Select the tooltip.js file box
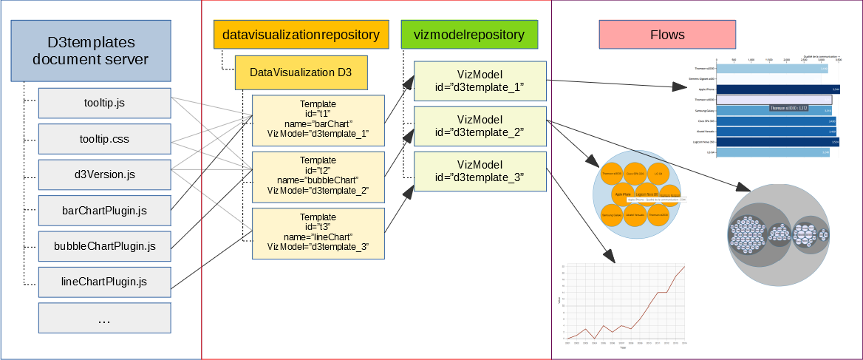click(x=104, y=103)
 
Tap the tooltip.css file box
click(x=104, y=139)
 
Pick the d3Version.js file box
click(x=104, y=175)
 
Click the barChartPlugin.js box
click(x=104, y=211)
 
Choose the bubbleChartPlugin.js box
click(x=104, y=245)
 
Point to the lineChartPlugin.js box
click(x=104, y=282)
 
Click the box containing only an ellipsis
click(x=104, y=319)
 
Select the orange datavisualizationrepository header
click(x=301, y=35)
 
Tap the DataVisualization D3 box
click(x=300, y=72)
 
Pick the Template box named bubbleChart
click(x=318, y=175)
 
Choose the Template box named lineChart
click(x=318, y=232)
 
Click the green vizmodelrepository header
click(x=469, y=35)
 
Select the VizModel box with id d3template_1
click(x=480, y=81)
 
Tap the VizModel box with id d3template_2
click(x=480, y=126)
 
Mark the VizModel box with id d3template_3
click(x=480, y=171)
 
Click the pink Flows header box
click(x=667, y=35)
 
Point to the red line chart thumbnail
click(x=625, y=302)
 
